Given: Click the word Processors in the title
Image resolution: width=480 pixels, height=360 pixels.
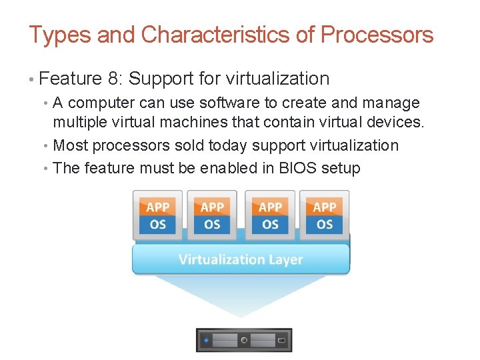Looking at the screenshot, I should (377, 35).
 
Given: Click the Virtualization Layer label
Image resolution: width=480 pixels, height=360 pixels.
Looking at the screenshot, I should (241, 259).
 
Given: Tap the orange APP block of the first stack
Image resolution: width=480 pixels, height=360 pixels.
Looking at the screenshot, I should (157, 207).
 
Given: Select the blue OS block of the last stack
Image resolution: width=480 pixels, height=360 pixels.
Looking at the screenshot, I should (324, 225).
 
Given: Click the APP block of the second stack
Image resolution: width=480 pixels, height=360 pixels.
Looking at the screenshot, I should (212, 207).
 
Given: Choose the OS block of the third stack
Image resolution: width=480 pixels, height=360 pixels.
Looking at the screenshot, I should (270, 225).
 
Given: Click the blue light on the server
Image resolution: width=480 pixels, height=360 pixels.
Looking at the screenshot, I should (206, 340).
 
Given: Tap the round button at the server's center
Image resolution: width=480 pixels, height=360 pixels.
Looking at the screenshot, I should (244, 340).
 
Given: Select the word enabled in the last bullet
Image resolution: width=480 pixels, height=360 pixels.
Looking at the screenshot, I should (226, 168).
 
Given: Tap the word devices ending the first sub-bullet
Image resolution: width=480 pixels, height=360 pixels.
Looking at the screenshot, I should (398, 122).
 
